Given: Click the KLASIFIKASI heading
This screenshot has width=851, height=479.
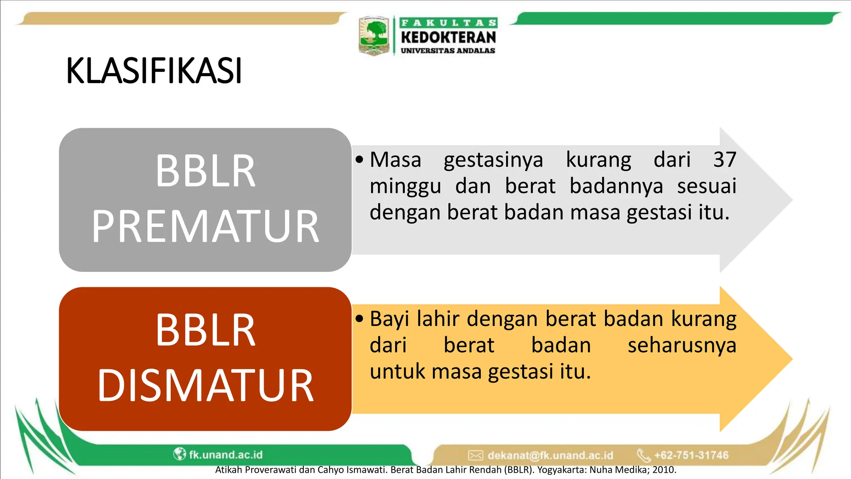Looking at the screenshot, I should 154,71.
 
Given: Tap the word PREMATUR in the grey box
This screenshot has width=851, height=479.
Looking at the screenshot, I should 205,226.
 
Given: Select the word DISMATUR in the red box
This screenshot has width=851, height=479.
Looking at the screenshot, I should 205,385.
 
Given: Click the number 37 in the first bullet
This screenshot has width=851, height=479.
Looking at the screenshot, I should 725,160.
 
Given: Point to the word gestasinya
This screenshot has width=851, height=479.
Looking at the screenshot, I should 493,160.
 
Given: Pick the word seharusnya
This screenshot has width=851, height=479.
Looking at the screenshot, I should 682,346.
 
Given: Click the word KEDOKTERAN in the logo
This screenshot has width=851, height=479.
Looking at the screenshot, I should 448,37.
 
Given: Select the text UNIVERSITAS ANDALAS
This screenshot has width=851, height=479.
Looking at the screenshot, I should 448,51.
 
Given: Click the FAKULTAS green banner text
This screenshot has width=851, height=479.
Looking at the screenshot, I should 448,23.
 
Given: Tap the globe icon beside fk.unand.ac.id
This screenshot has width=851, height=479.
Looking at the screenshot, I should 180,454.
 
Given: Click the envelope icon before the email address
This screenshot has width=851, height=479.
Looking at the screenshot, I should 475,455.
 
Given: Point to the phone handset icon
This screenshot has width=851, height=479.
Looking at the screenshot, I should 644,455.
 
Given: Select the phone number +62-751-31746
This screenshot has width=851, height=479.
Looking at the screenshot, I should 691,455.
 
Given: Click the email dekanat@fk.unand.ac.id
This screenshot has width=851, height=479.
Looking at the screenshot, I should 550,455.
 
